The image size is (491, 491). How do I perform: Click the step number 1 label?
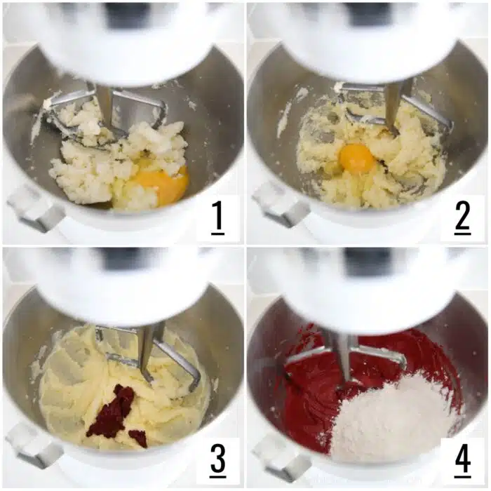[x=218, y=217]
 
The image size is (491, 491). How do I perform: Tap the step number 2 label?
[x=462, y=217]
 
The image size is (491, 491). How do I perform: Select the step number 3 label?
[x=218, y=460]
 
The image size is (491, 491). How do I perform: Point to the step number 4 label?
[x=463, y=460]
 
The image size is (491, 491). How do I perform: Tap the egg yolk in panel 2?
[x=356, y=158]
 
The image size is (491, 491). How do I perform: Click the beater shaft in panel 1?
[x=105, y=105]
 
